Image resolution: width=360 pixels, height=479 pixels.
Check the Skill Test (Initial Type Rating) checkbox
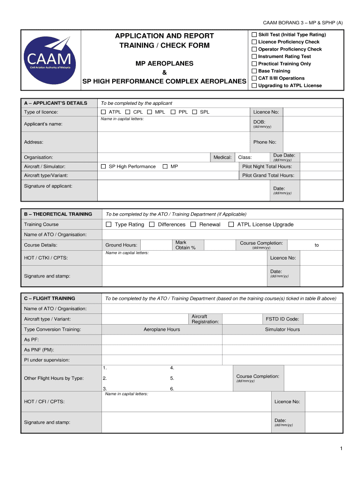pos(254,35)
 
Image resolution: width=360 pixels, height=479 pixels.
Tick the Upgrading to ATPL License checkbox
pos(254,86)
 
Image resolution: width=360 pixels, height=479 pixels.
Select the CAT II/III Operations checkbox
pos(254,78)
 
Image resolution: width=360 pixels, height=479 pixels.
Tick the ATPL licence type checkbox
pos(103,112)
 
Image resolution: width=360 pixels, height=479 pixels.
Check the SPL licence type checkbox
pos(194,112)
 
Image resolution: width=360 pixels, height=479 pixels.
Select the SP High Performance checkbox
pos(103,167)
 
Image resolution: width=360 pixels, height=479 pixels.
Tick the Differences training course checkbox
pos(152,225)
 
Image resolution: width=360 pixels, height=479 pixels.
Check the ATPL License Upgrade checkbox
pos(231,225)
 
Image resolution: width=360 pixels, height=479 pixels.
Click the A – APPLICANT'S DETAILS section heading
pos(56,103)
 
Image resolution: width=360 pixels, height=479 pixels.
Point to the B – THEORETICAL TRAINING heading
pos(58,214)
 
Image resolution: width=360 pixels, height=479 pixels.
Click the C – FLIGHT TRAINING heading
pos(50,298)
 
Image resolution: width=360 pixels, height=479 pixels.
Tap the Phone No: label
pos(265,142)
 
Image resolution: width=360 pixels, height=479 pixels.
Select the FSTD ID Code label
pos(282,319)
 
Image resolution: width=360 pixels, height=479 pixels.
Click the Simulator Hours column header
pos(282,329)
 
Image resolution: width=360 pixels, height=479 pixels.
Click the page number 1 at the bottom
pos(342,449)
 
